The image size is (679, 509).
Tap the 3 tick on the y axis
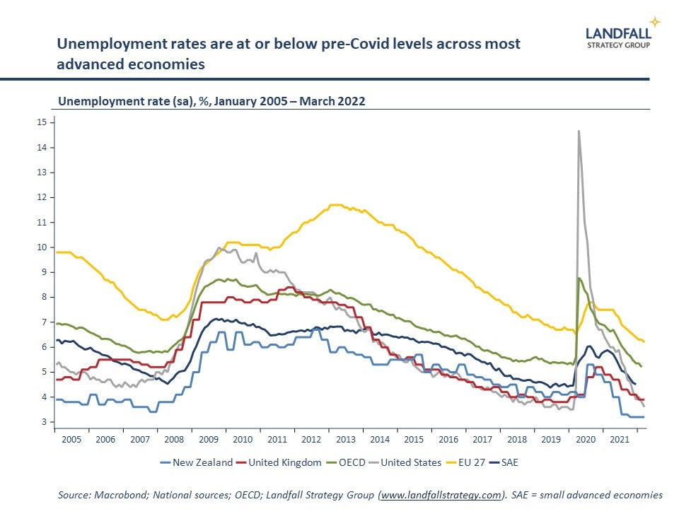pyautogui.click(x=44, y=422)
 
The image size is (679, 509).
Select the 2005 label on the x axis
pyautogui.click(x=71, y=439)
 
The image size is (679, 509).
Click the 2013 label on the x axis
pyautogui.click(x=345, y=439)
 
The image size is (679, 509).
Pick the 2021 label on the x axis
pyautogui.click(x=619, y=439)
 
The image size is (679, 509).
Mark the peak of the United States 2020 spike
pyautogui.click(x=579, y=131)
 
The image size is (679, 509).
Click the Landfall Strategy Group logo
pyautogui.click(x=618, y=37)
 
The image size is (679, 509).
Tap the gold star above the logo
pyautogui.click(x=656, y=21)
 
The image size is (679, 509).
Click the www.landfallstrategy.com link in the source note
pyautogui.click(x=442, y=495)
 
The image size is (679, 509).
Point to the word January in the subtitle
pyautogui.click(x=215, y=101)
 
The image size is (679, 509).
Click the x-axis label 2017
pyautogui.click(x=482, y=439)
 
